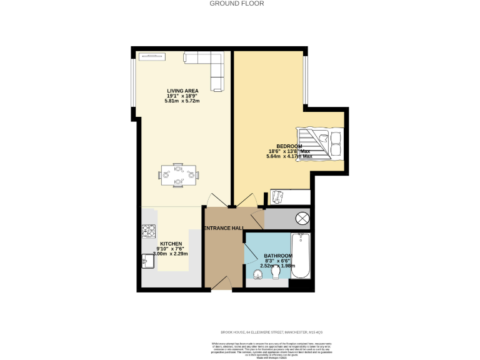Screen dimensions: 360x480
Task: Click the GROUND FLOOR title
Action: [236, 4]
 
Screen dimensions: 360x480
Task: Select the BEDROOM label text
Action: [289, 146]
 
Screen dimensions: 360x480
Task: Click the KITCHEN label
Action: [171, 243]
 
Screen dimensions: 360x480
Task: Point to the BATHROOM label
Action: [277, 256]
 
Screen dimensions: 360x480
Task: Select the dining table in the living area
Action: [179, 174]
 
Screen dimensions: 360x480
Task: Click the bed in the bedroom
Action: [320, 143]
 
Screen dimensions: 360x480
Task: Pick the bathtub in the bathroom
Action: [301, 256]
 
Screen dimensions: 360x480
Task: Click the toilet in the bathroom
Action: [275, 273]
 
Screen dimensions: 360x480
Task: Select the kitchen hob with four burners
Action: [149, 232]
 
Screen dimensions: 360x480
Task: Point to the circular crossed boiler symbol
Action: [302, 219]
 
